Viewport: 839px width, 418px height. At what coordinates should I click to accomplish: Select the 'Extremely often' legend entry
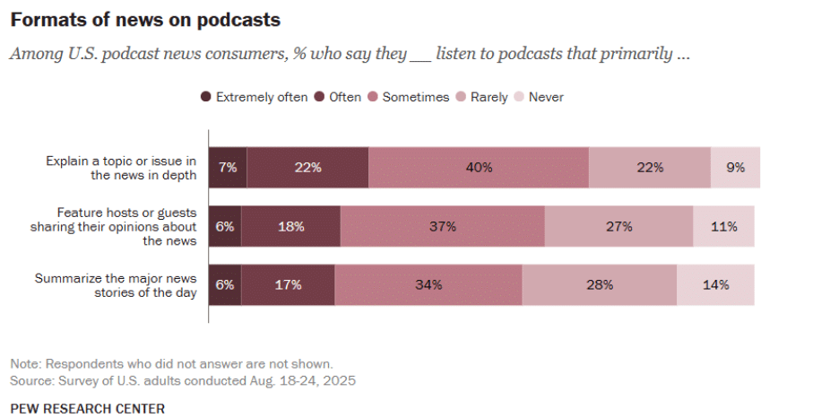tap(255, 97)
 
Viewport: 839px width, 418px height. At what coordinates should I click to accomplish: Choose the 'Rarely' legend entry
tap(483, 97)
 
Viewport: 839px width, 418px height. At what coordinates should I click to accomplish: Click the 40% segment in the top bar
tap(479, 167)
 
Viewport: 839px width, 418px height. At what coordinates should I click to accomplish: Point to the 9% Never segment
tap(735, 167)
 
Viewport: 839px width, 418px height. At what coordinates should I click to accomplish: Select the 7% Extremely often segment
tap(228, 167)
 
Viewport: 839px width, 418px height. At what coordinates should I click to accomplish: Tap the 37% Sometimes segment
tap(442, 226)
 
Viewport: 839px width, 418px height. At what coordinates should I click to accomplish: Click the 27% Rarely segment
tap(618, 226)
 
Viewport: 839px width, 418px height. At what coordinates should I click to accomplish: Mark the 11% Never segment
tap(723, 226)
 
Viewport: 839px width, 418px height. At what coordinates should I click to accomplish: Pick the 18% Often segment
tap(290, 226)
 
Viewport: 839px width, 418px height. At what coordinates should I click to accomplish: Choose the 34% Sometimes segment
tap(428, 285)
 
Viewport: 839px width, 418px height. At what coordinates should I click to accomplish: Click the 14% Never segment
tap(715, 285)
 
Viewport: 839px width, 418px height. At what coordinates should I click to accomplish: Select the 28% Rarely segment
tap(599, 285)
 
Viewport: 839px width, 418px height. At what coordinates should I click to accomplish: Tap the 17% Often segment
tap(288, 285)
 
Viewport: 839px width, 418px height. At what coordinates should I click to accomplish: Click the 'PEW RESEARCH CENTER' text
tap(88, 408)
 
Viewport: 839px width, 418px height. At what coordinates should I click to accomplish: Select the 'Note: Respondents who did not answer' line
tap(171, 364)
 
